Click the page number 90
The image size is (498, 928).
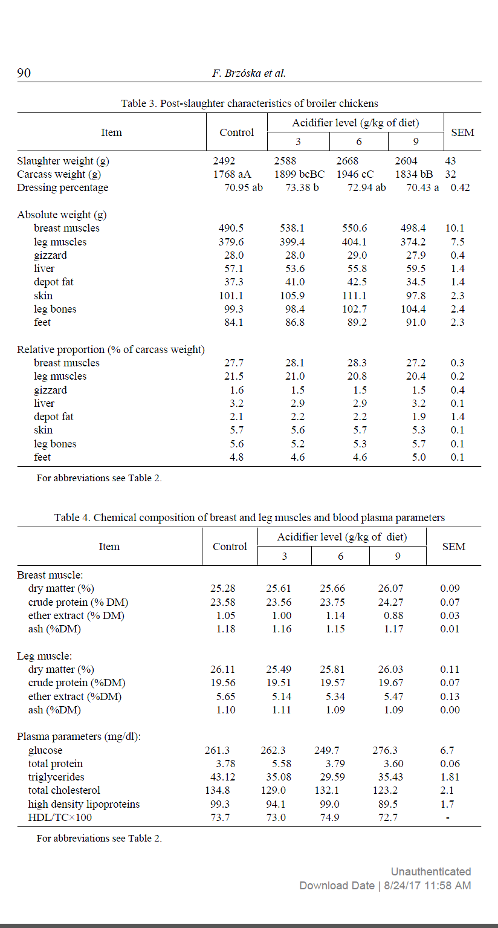click(24, 73)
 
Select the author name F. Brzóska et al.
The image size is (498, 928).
click(249, 73)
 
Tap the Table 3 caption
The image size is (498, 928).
click(250, 103)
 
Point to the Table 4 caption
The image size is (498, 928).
click(250, 518)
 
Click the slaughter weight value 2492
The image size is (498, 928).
click(224, 161)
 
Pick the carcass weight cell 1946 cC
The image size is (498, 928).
click(355, 174)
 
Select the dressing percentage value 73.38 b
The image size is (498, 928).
click(302, 187)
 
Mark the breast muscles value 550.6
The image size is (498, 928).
click(354, 228)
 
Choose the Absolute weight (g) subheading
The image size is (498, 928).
click(62, 215)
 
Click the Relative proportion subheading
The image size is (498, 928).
click(111, 349)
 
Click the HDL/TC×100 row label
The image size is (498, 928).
click(60, 817)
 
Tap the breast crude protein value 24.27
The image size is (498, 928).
click(391, 602)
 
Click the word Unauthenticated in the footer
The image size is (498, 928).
click(430, 871)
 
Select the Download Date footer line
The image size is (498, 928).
click(385, 885)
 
